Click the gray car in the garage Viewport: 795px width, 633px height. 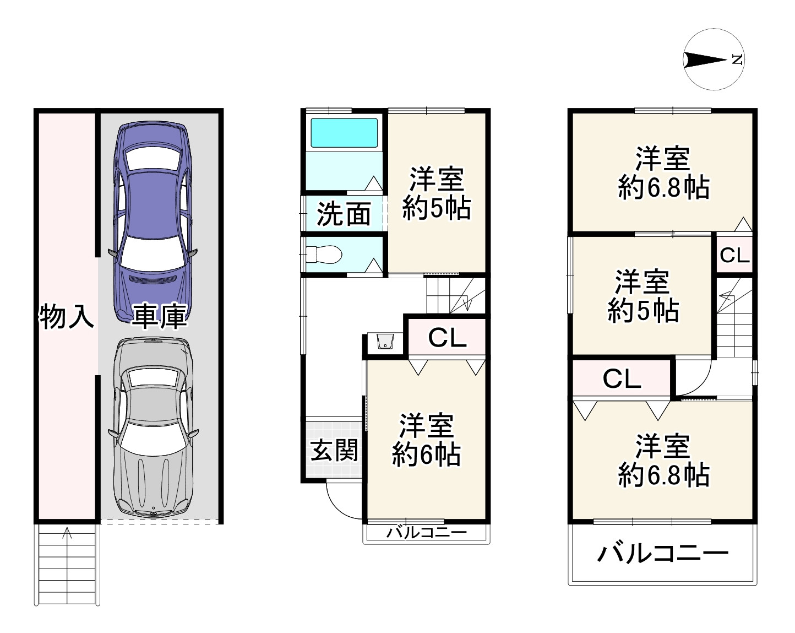pyautogui.click(x=153, y=427)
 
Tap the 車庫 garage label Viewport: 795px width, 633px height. pyautogui.click(x=159, y=316)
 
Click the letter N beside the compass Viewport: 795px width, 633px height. pyautogui.click(x=737, y=59)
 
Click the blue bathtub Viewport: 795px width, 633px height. pyautogui.click(x=344, y=133)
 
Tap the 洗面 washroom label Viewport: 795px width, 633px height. pyautogui.click(x=344, y=214)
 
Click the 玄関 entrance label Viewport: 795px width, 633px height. pyautogui.click(x=334, y=451)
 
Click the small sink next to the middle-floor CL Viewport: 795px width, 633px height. pyautogui.click(x=385, y=342)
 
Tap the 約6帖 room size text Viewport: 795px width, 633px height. pyautogui.click(x=426, y=456)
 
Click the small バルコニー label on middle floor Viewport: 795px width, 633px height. pyautogui.click(x=426, y=532)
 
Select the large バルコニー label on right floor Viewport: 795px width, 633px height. pyautogui.click(x=662, y=553)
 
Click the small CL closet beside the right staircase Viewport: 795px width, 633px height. pyautogui.click(x=734, y=255)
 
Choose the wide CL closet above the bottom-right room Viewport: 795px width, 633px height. pyautogui.click(x=622, y=378)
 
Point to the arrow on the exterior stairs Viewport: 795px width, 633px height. pyautogui.click(x=67, y=532)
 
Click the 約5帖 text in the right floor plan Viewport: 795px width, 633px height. pyautogui.click(x=642, y=312)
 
